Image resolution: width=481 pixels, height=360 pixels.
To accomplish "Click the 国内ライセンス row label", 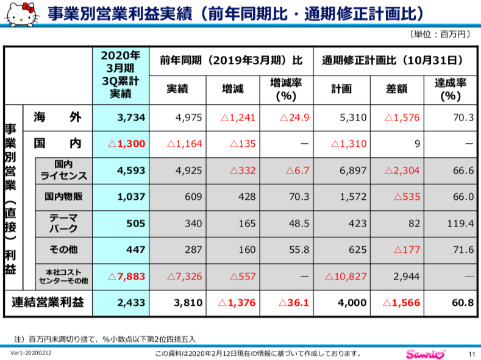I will (63, 171).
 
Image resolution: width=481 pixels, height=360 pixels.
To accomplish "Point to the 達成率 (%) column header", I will (451, 89).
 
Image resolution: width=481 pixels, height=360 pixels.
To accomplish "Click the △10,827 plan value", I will (346, 276).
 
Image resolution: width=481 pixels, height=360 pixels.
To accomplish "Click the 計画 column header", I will (341, 89).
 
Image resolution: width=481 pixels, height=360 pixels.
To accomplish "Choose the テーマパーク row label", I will (63, 223).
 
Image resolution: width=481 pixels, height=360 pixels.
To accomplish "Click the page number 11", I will (471, 354).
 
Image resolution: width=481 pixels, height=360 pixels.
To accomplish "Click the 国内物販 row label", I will (63, 197).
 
